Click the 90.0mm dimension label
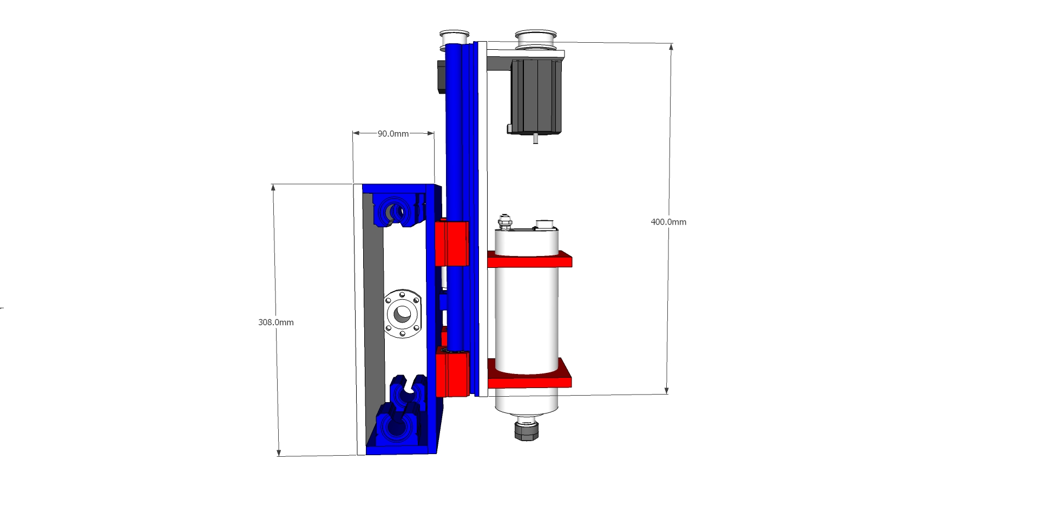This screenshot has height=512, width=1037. click(x=393, y=134)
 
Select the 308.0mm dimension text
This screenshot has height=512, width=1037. click(x=276, y=323)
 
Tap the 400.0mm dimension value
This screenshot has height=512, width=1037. click(x=668, y=222)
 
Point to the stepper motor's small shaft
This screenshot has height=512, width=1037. click(x=536, y=139)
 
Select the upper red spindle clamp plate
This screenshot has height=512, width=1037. click(x=530, y=259)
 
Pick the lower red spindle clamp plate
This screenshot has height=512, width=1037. click(x=530, y=373)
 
